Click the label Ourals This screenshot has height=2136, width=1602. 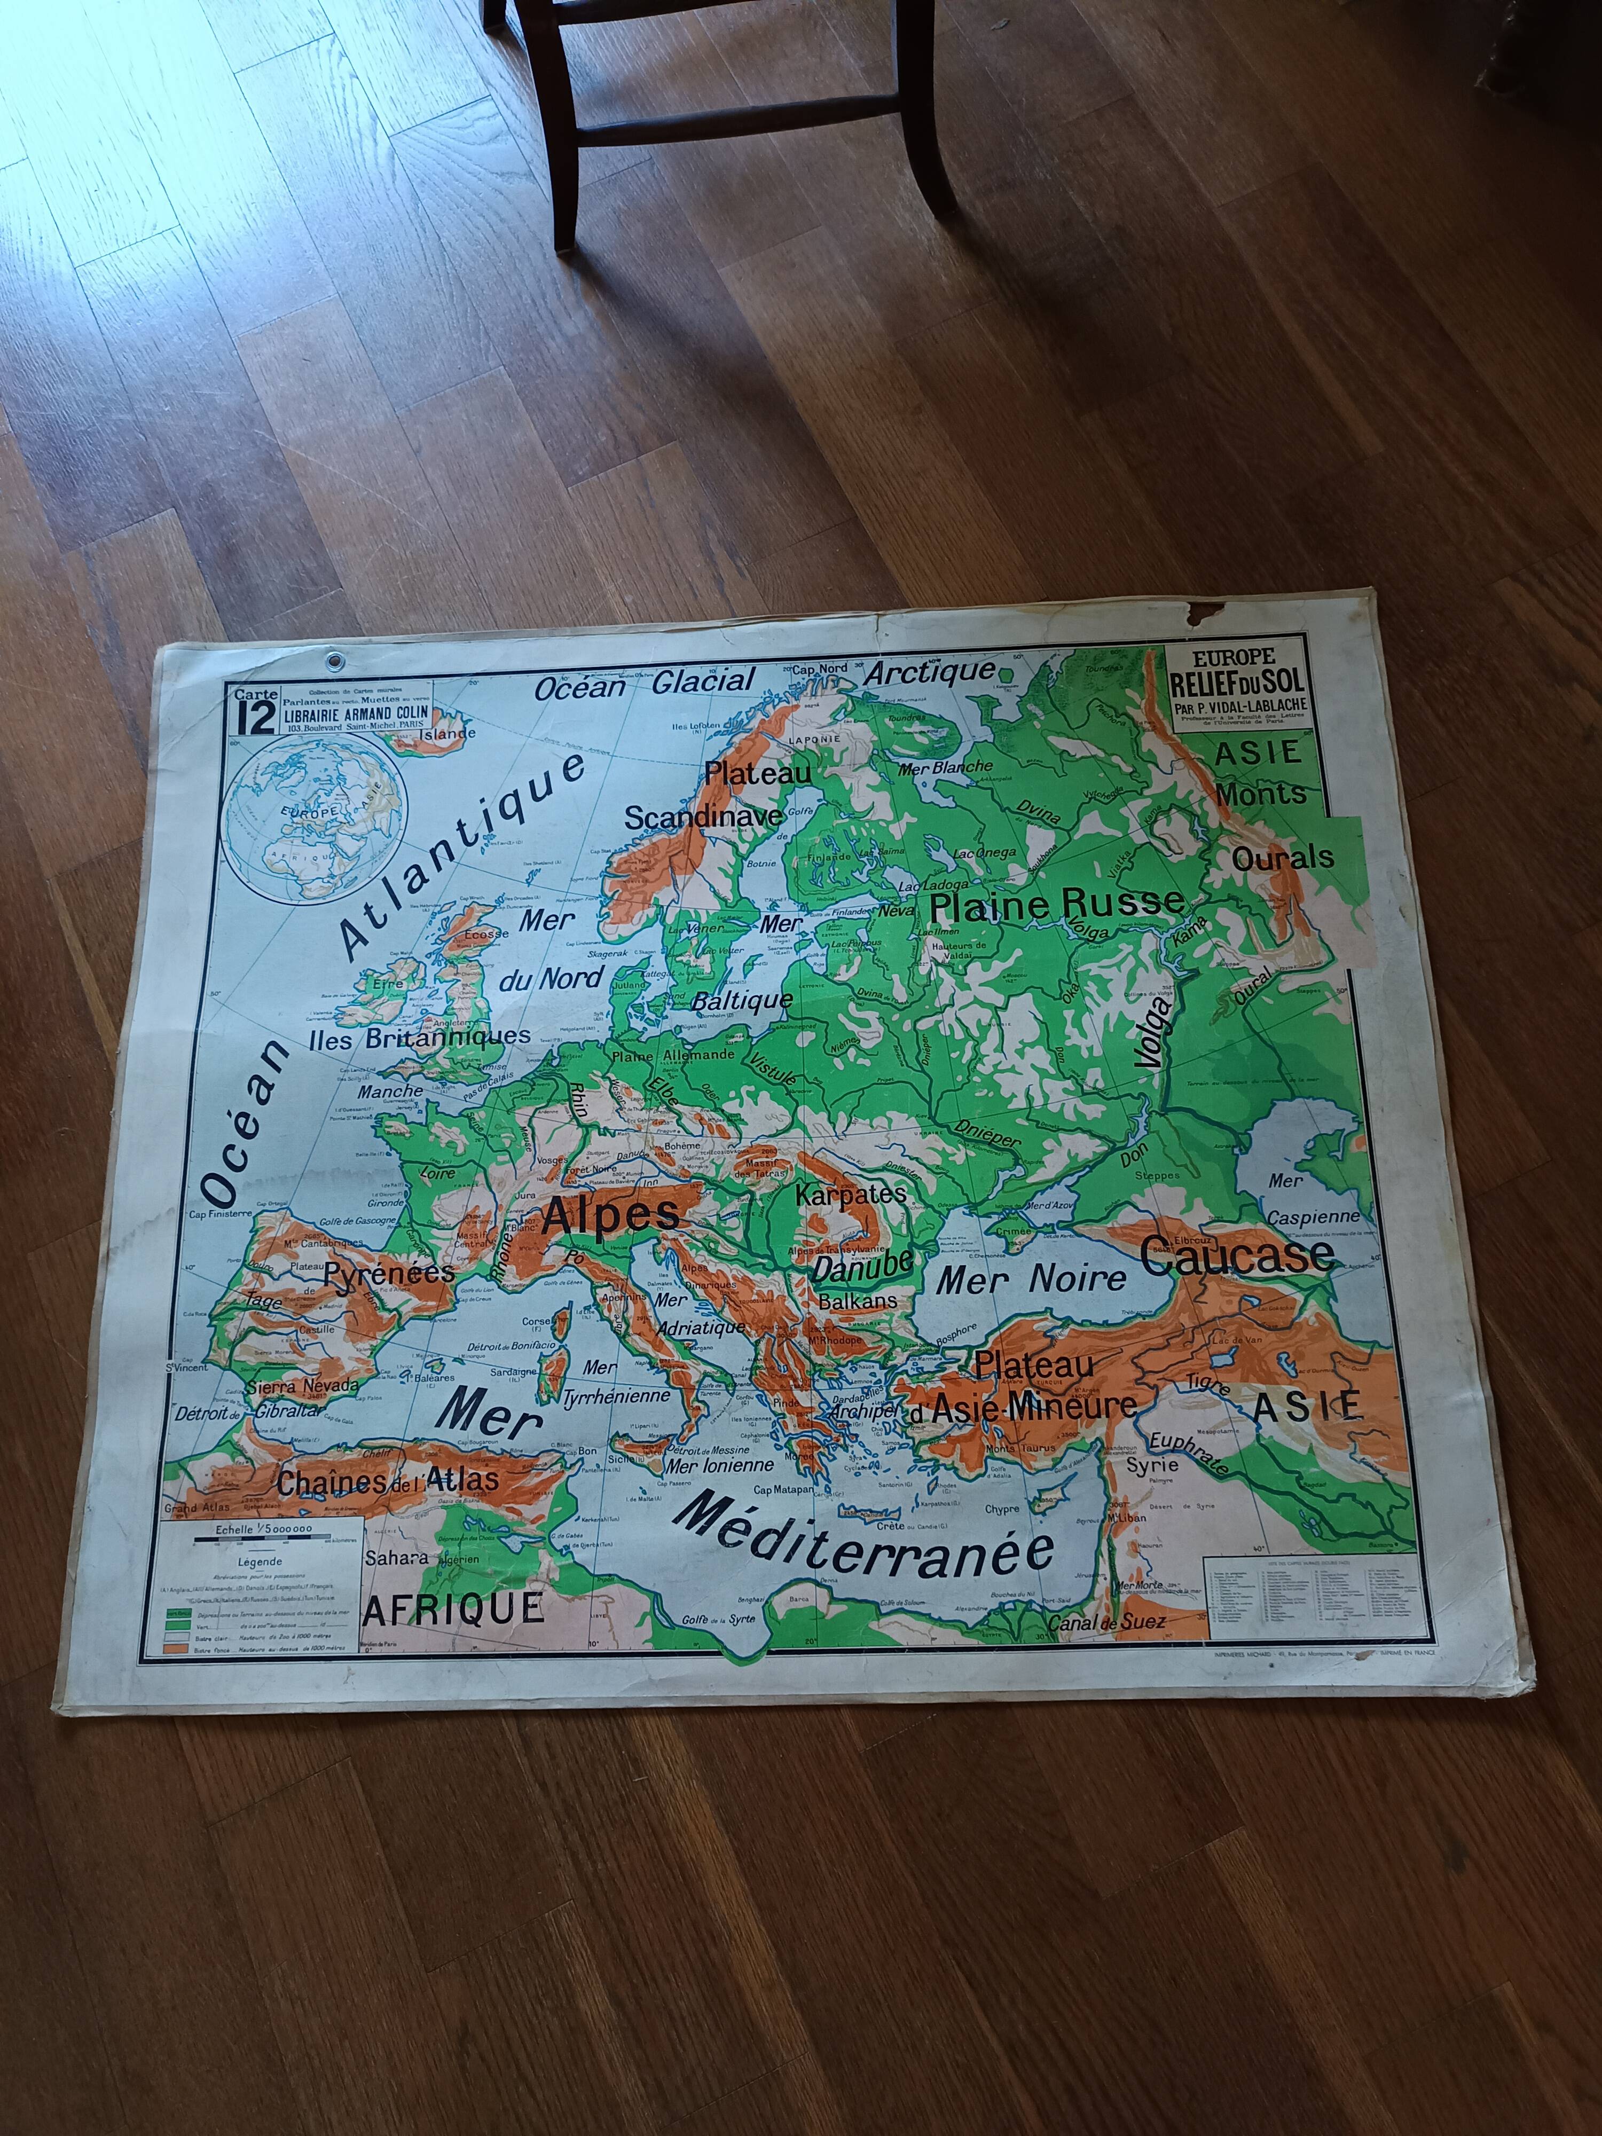pyautogui.click(x=1282, y=857)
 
